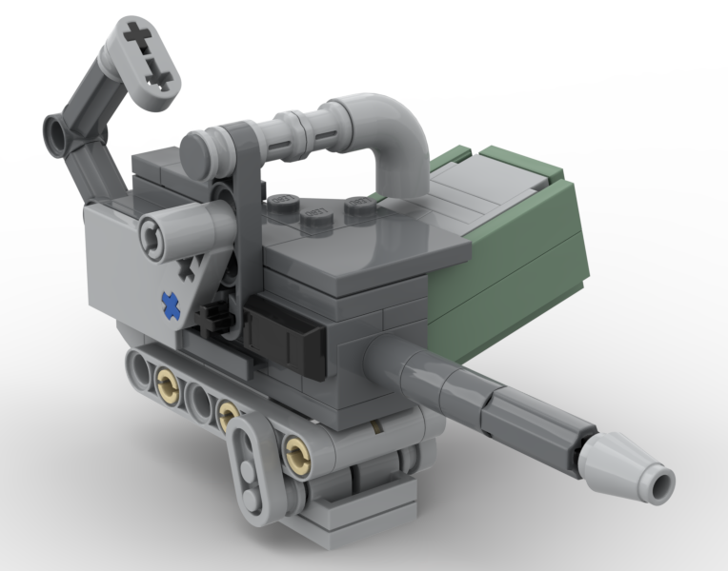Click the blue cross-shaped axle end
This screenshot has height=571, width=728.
click(171, 305)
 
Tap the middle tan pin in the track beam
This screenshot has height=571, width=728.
click(228, 414)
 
